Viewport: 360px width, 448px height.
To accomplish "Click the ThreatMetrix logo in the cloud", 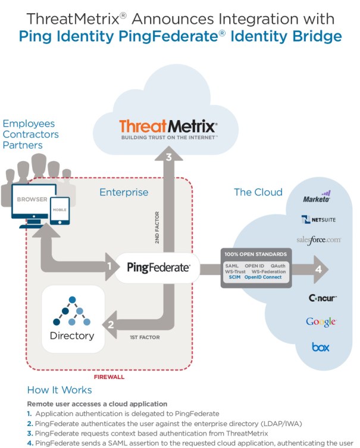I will coord(168,128).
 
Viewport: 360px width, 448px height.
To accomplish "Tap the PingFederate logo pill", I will coord(158,268).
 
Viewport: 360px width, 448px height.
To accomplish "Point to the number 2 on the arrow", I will coord(110,325).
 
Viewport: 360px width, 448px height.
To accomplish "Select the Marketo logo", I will coord(317,198).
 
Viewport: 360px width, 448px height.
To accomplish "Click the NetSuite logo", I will coord(318,220).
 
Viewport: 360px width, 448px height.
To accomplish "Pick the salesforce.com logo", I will coord(318,240).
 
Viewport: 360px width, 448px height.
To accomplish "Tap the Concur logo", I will coord(323,297).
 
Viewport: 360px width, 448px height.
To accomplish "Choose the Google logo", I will coord(321,322).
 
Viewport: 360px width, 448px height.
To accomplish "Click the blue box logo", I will coord(320,346).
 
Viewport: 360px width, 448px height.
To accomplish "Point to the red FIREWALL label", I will coord(109,377).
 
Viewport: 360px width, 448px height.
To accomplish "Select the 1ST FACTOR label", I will coord(145,337).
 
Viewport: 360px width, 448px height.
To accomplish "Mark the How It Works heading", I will coord(60,390).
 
